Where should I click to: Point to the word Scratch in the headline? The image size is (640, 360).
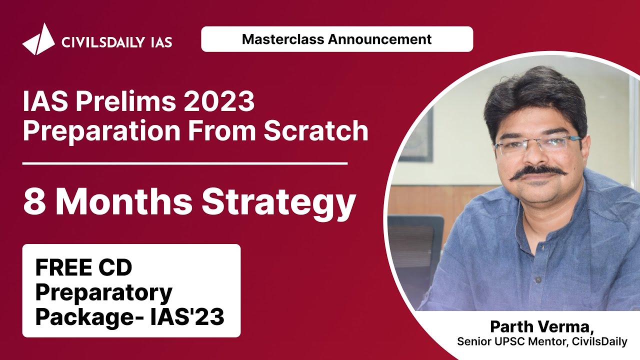[x=316, y=131]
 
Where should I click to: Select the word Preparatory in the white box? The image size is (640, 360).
[x=104, y=292]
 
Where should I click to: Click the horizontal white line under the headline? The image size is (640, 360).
[x=185, y=163]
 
